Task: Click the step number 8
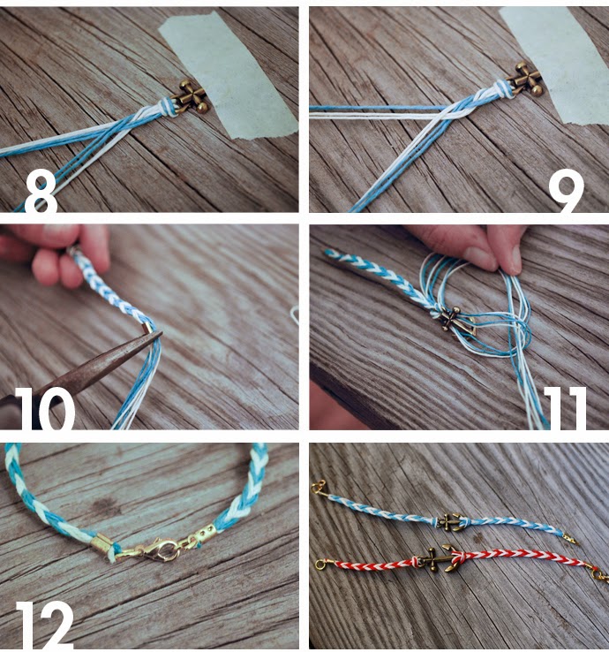coord(41,193)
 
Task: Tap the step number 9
coord(567,192)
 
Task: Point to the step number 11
coord(565,408)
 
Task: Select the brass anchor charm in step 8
coord(192,98)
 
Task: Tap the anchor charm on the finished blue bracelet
coord(450,522)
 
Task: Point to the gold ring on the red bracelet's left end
coord(321,565)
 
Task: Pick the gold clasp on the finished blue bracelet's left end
coord(320,487)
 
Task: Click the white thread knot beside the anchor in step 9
coord(500,89)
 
